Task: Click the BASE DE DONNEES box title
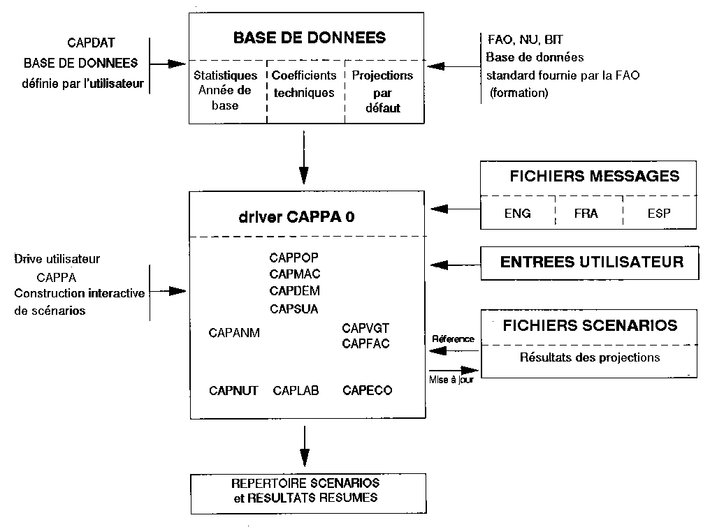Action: (309, 37)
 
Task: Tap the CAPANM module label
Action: (234, 333)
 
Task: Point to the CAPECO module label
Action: (368, 391)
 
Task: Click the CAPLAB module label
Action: (296, 391)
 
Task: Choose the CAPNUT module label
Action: (234, 391)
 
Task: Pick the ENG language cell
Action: (517, 214)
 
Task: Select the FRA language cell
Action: (586, 214)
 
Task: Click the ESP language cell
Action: (658, 214)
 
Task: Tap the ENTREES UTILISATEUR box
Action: (591, 262)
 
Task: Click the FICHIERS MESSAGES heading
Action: (594, 176)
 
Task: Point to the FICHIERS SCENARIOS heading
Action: (590, 325)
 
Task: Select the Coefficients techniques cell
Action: (304, 84)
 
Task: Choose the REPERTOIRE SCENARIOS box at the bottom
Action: (305, 490)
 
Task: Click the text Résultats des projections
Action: (590, 358)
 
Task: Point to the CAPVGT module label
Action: (365, 327)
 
